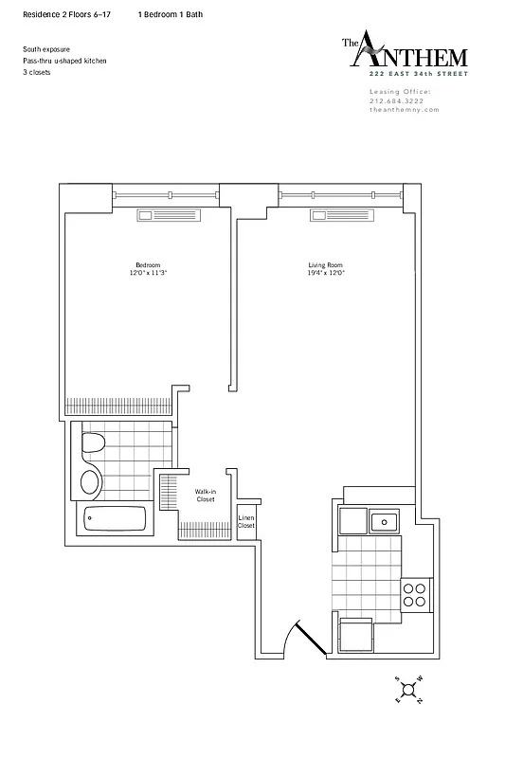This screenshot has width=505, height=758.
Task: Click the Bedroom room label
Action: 147,264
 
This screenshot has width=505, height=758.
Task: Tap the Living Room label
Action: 325,264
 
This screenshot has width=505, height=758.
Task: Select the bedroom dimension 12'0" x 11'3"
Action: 147,273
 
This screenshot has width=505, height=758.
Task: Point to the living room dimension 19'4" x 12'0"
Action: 325,273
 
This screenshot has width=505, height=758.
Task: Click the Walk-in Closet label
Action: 205,496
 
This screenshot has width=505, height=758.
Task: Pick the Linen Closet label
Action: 246,521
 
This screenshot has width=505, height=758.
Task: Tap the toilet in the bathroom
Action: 94,444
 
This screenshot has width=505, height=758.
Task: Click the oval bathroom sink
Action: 91,481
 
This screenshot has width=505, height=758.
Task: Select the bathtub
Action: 115,519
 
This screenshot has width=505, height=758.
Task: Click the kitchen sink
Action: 384,519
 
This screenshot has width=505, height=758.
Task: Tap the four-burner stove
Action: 414,594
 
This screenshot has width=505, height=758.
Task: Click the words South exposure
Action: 45,49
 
